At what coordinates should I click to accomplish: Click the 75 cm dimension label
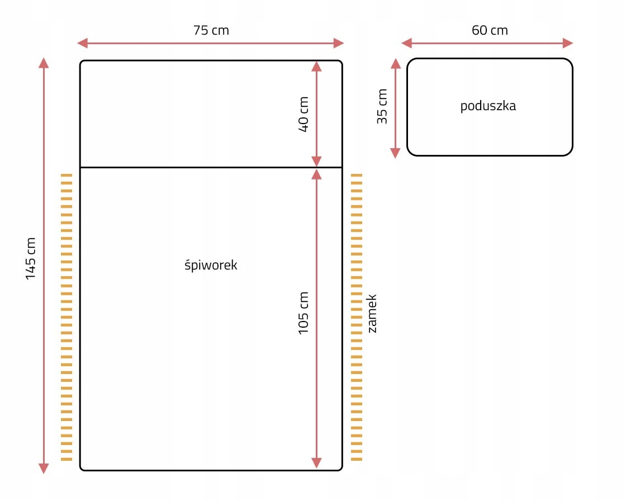(211, 30)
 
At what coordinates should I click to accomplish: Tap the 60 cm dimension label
(490, 30)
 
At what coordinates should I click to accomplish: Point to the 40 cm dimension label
(303, 114)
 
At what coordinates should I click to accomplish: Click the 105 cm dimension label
(303, 313)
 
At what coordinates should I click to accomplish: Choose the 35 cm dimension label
(382, 107)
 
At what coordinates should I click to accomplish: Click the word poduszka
(488, 106)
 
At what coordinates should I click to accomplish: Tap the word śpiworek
(211, 265)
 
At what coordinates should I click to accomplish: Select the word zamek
(372, 314)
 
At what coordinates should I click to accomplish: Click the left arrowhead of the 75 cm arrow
(82, 43)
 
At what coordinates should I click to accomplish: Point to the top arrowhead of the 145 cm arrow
(44, 63)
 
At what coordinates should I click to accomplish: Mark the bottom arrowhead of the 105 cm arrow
(317, 463)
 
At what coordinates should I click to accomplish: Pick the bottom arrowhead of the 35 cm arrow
(395, 153)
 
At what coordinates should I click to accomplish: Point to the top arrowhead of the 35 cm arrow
(395, 63)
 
